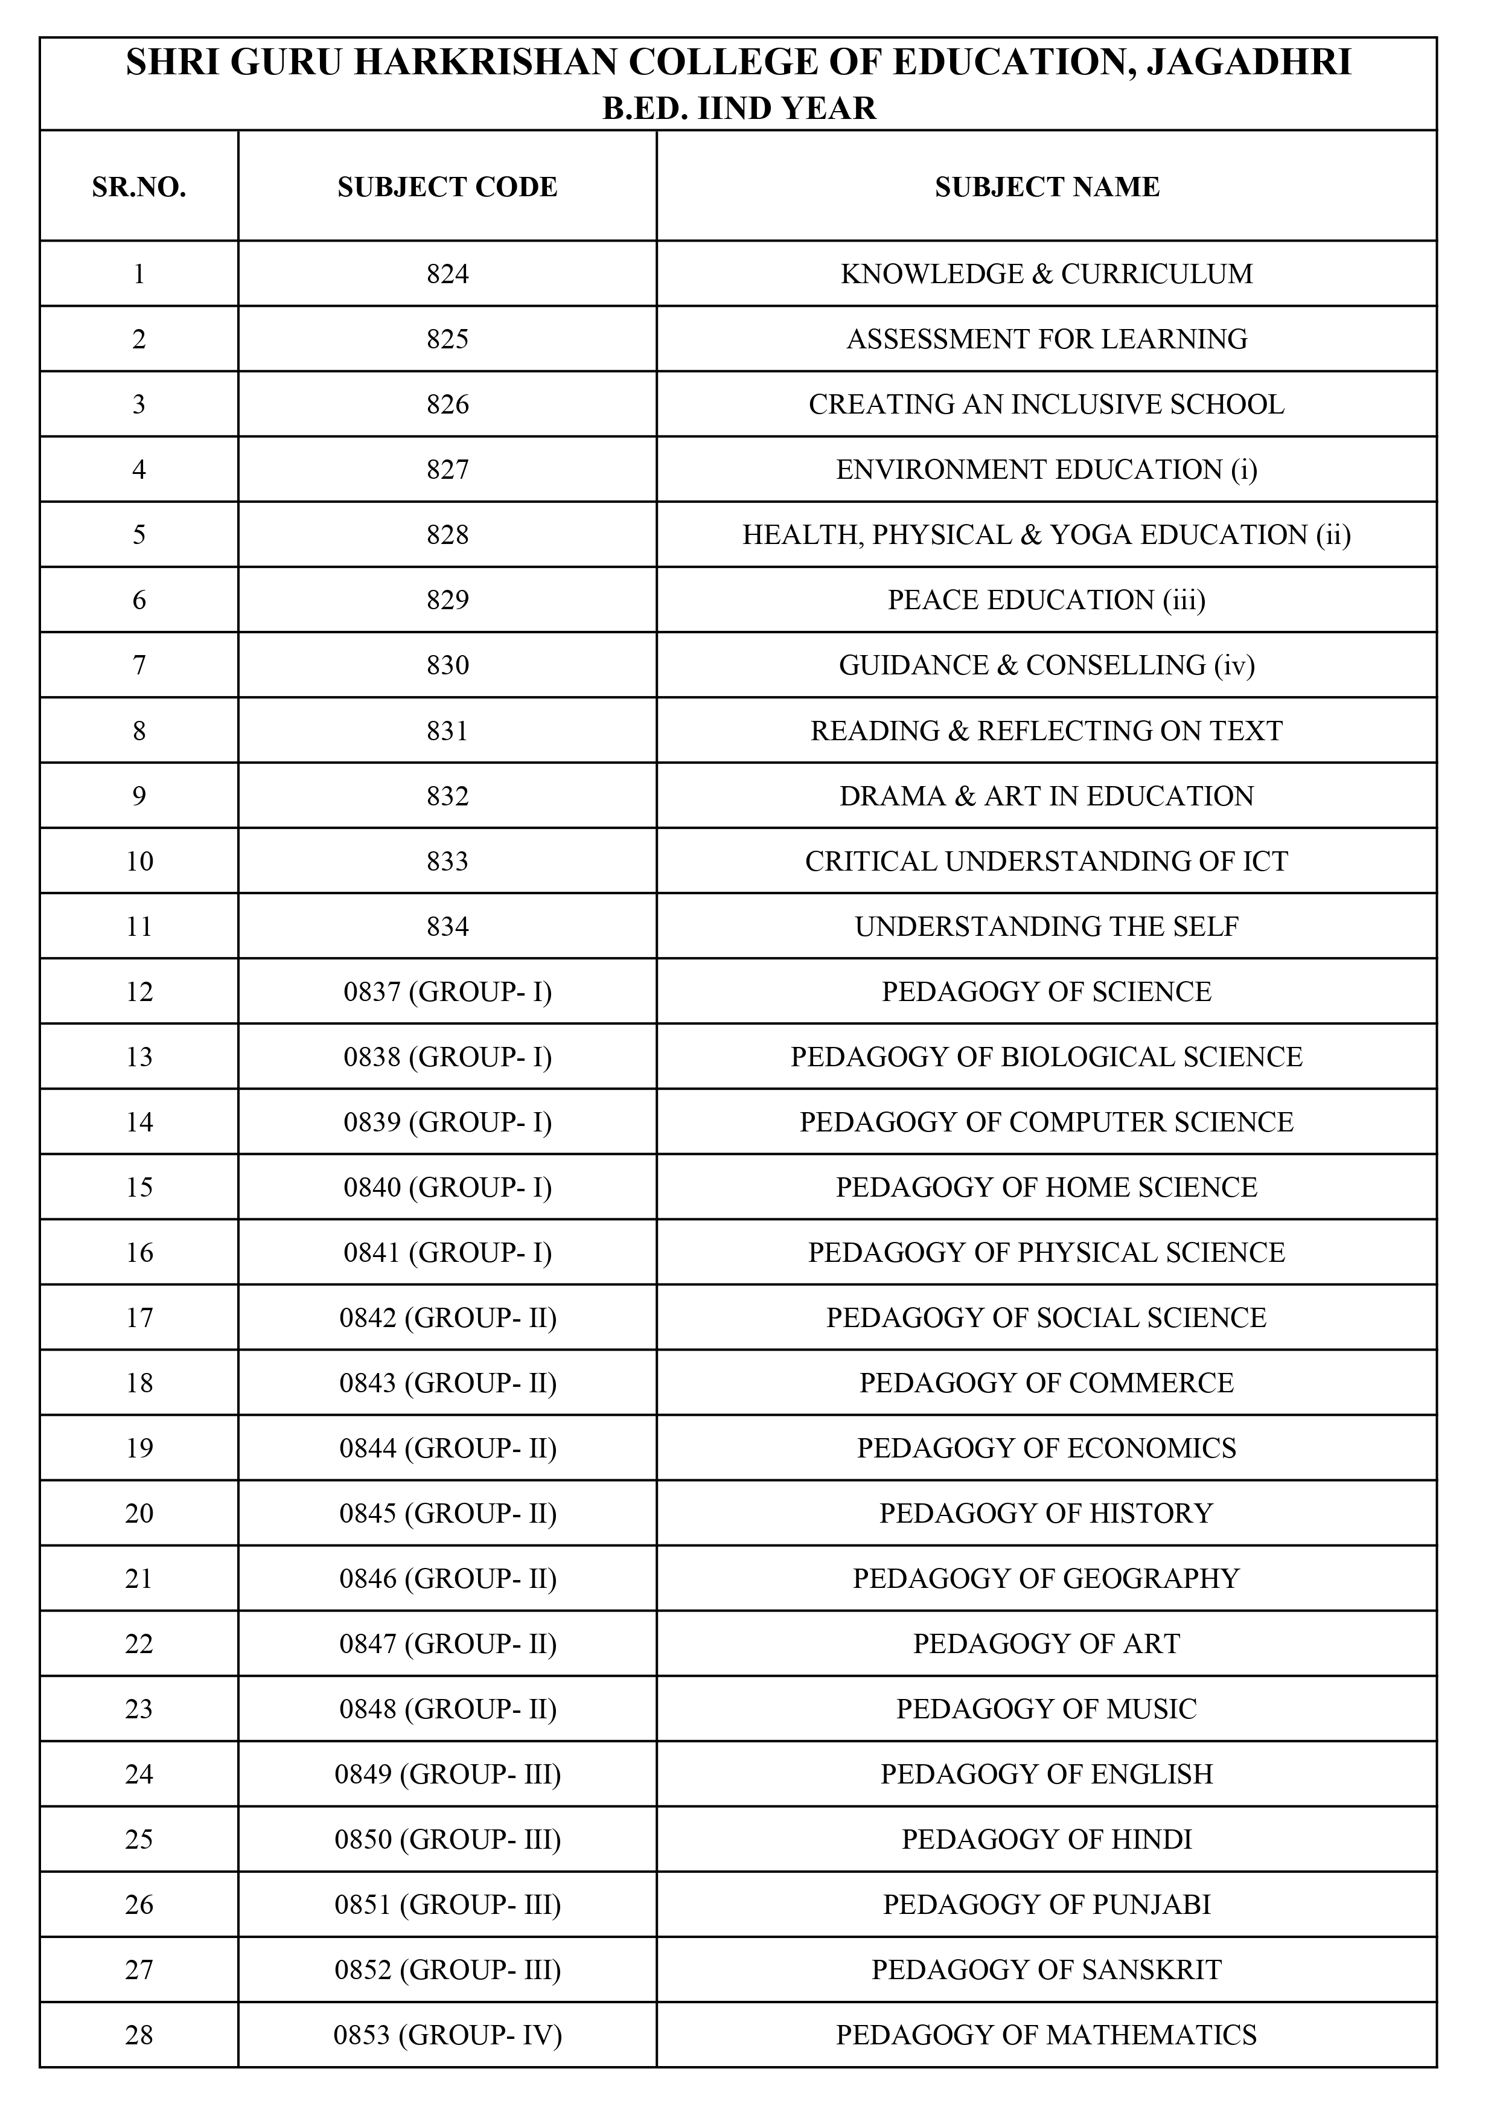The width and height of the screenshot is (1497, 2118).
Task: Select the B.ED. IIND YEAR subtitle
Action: (x=739, y=109)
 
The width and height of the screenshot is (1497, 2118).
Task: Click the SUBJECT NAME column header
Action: (x=1047, y=187)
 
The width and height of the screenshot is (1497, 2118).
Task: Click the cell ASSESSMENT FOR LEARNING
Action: (x=1047, y=339)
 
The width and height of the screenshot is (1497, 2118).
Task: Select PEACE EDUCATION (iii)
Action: (x=1047, y=601)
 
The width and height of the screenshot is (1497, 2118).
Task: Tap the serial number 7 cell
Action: (x=139, y=665)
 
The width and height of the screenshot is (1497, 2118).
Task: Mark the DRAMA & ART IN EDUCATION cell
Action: (x=1047, y=796)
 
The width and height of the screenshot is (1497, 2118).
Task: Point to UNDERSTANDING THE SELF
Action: (x=1047, y=927)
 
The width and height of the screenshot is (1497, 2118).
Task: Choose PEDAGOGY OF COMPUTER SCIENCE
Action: (x=1047, y=1122)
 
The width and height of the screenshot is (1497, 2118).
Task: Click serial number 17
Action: (x=139, y=1318)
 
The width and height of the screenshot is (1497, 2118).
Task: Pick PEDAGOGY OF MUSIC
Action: (x=1047, y=1709)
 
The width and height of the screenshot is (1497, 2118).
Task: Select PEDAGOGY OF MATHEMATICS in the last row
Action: (x=1047, y=2035)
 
